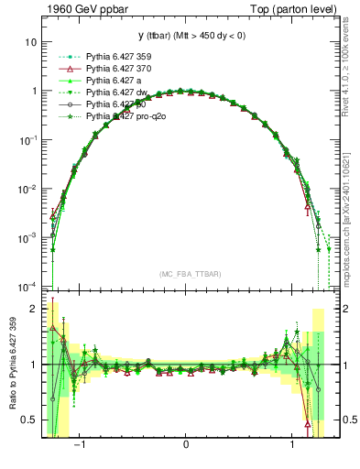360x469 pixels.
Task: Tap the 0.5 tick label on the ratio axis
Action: (x=29, y=420)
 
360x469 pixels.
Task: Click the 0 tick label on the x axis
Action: (x=186, y=447)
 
